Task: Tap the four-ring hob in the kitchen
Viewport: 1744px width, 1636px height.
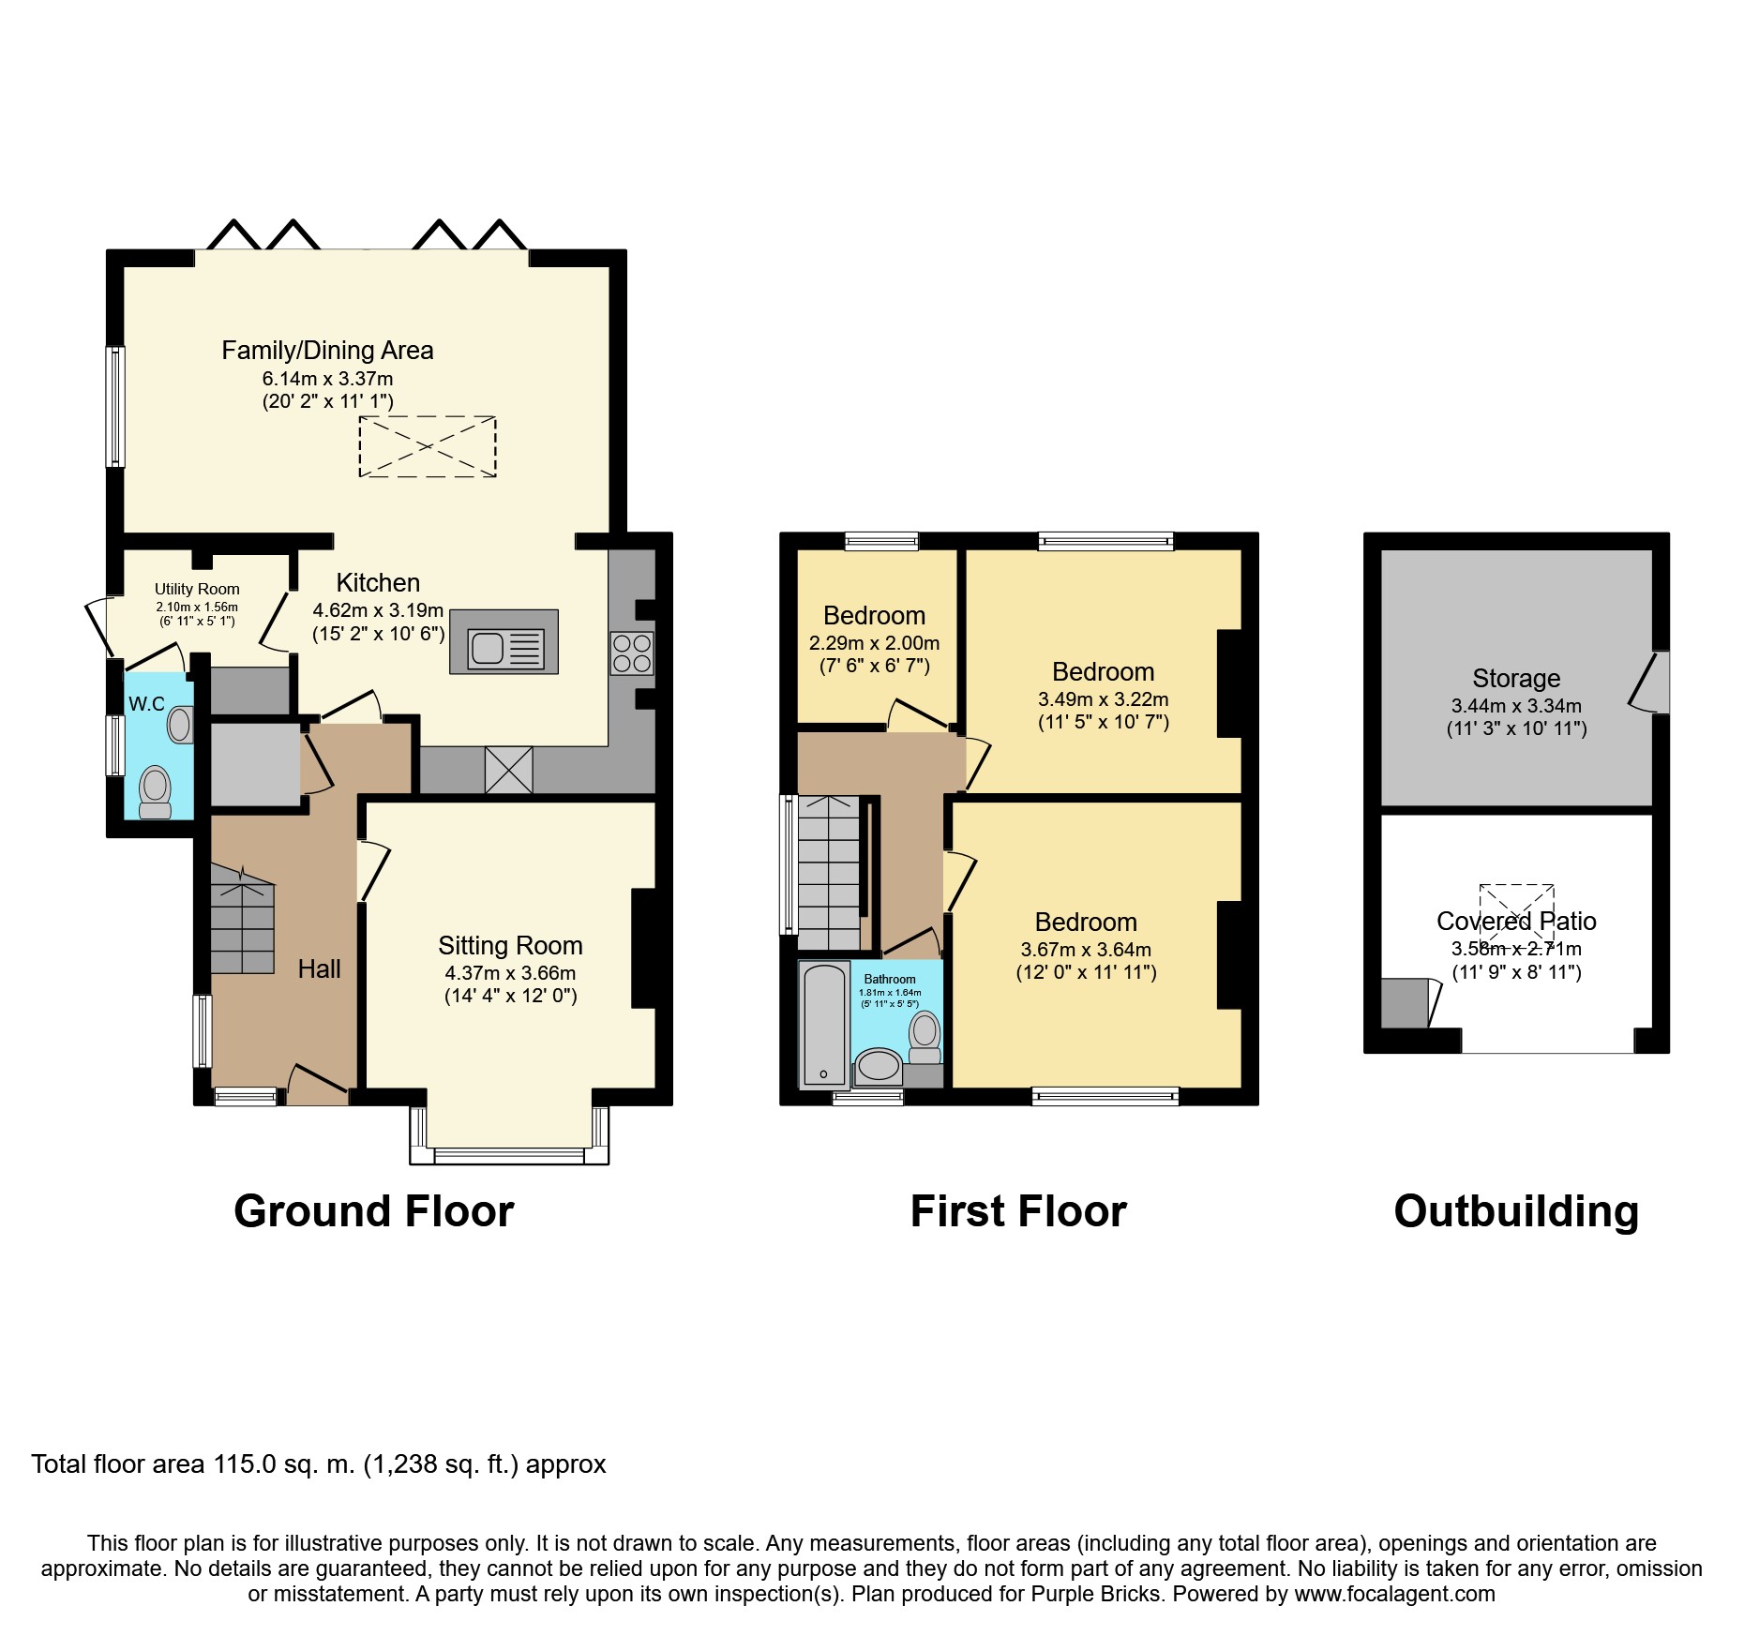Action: click(x=632, y=653)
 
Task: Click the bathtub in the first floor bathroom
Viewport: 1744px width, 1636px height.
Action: click(x=824, y=1024)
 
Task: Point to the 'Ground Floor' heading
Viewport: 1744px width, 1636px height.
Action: click(x=374, y=1211)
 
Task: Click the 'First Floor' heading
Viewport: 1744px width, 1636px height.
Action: click(x=1018, y=1211)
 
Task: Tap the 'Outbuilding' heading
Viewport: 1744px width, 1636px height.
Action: click(x=1516, y=1211)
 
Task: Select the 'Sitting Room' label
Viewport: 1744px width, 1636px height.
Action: click(x=510, y=945)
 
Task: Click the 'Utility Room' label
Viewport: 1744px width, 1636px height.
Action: click(x=197, y=589)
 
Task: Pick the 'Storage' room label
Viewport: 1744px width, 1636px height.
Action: click(x=1516, y=678)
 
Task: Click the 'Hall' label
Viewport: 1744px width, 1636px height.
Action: click(x=319, y=968)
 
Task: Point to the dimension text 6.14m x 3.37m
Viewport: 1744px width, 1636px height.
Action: click(x=327, y=379)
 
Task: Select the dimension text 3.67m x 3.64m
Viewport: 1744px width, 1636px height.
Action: click(x=1086, y=949)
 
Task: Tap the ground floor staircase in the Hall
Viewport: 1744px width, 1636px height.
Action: click(x=242, y=920)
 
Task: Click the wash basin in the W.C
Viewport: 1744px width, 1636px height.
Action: click(x=180, y=725)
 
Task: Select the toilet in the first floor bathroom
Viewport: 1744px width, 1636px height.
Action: click(x=925, y=1037)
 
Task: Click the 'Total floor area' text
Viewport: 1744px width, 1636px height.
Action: click(x=319, y=1463)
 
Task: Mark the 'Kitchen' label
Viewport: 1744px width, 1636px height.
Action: click(x=378, y=582)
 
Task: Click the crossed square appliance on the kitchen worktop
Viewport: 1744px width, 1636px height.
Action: click(x=508, y=770)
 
